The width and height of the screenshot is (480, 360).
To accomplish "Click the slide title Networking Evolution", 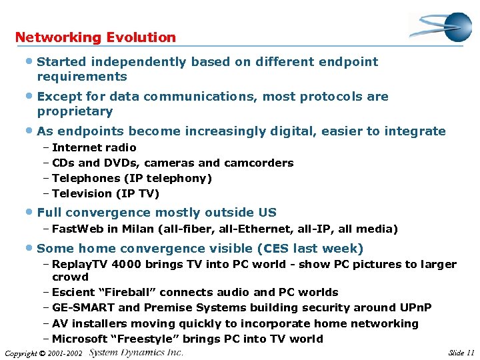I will [x=95, y=37].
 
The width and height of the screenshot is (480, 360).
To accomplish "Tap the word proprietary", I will [x=75, y=111].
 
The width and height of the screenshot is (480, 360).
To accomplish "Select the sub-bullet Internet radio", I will [x=94, y=147].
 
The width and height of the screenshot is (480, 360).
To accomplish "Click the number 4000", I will [x=127, y=264].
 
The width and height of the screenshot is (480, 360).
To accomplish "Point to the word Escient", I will [x=73, y=292].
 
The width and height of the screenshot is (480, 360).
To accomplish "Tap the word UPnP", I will [x=415, y=307].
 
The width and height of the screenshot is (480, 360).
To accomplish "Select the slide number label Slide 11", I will [x=461, y=352].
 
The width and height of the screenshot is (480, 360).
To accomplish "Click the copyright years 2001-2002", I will [x=64, y=353].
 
